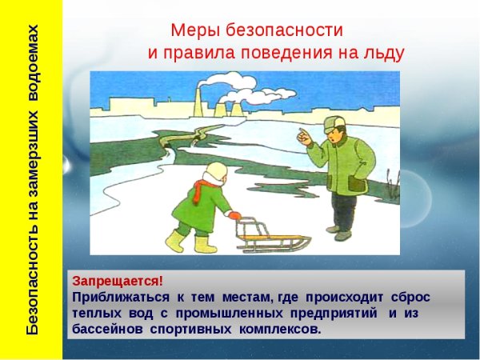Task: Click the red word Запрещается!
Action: [x=118, y=281]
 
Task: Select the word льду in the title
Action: [x=383, y=54]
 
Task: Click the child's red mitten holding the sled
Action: [x=234, y=215]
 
